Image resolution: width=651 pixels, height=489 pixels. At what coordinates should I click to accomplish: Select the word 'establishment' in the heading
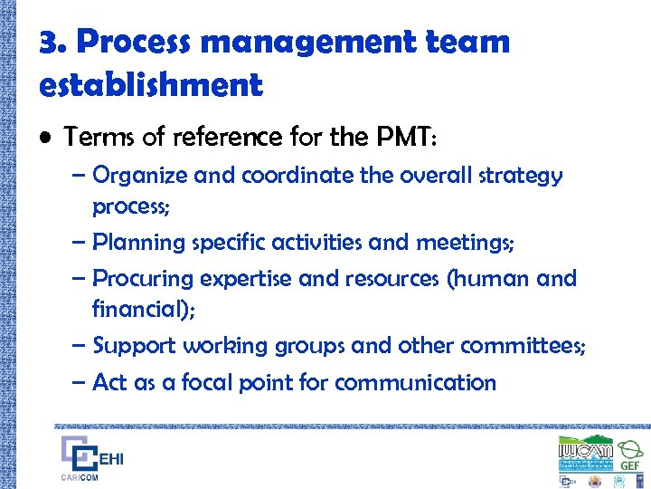point(151,85)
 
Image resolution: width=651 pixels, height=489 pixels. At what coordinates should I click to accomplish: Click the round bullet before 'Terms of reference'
point(45,138)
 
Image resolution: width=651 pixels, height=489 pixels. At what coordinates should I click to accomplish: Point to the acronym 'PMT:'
point(404,137)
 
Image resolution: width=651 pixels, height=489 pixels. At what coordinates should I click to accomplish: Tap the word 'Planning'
point(141,244)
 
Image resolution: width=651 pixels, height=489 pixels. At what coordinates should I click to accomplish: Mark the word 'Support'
point(134,346)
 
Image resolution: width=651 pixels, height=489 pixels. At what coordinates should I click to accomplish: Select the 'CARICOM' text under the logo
point(80,478)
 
